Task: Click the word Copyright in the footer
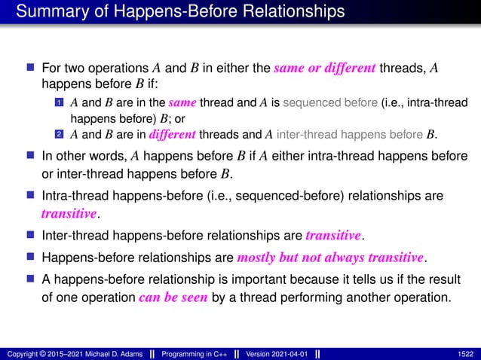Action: coord(20,352)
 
